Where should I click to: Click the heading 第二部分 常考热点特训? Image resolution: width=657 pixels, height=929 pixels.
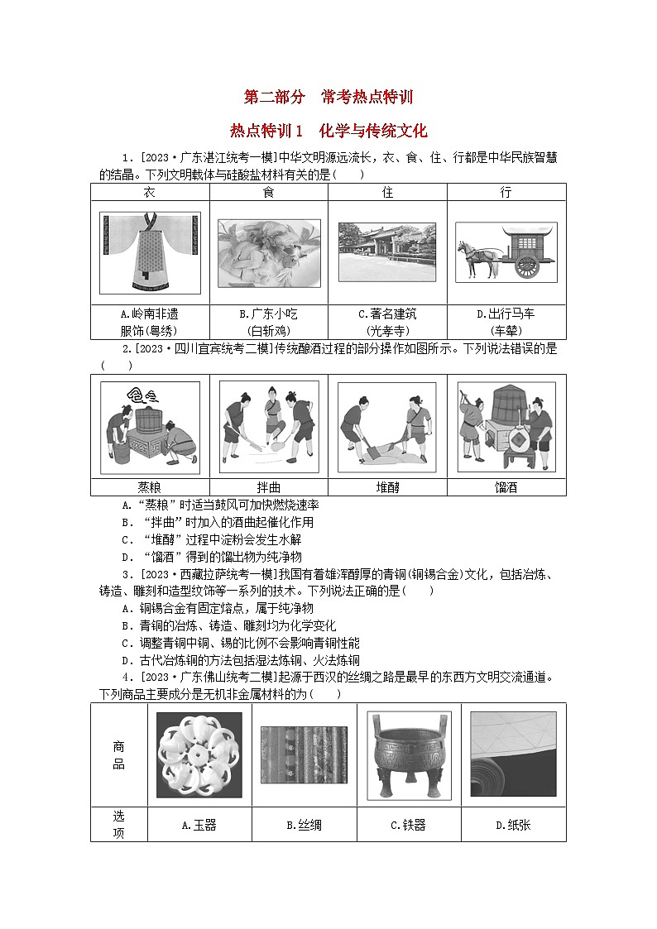coord(328,97)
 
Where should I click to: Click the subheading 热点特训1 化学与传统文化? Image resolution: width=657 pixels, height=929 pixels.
coord(328,131)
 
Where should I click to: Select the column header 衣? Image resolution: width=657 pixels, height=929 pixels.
coord(150,192)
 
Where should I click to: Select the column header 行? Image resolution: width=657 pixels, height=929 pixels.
coord(506,192)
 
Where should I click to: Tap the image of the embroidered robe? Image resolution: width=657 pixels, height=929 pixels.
coord(150,252)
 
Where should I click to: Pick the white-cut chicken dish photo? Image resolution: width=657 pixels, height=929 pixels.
coord(268,252)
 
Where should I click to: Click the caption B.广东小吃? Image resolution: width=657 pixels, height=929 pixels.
coord(268,314)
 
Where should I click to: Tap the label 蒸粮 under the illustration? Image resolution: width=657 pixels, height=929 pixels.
coord(150,487)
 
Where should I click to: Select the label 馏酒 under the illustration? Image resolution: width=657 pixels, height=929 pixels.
coord(506,487)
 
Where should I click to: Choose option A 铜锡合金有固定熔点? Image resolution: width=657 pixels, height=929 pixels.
coord(218,608)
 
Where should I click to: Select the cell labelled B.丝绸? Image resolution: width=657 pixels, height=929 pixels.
coord(304,825)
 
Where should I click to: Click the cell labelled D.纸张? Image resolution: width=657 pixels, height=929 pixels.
coord(513,825)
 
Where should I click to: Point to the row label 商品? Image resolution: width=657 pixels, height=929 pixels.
coord(119,755)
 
